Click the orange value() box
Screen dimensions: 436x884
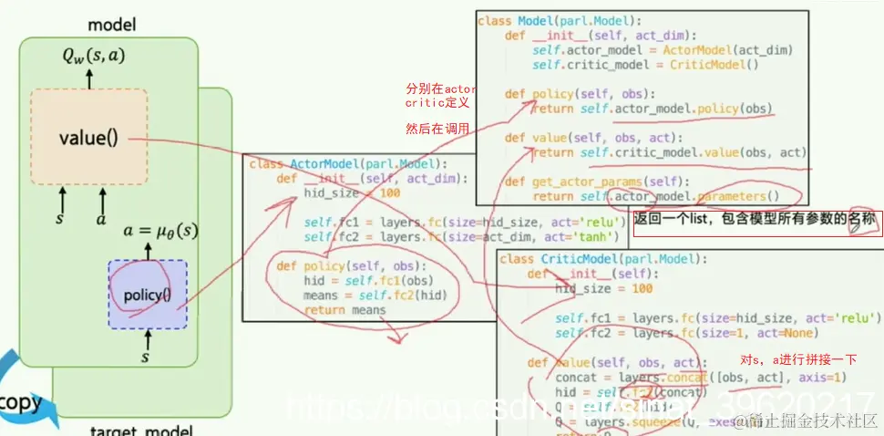[88, 138]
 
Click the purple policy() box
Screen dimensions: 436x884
[147, 295]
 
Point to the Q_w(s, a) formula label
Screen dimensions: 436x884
[89, 57]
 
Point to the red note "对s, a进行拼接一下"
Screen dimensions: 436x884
[797, 359]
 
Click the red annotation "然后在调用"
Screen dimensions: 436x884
[437, 129]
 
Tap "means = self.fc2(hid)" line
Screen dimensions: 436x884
[374, 296]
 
